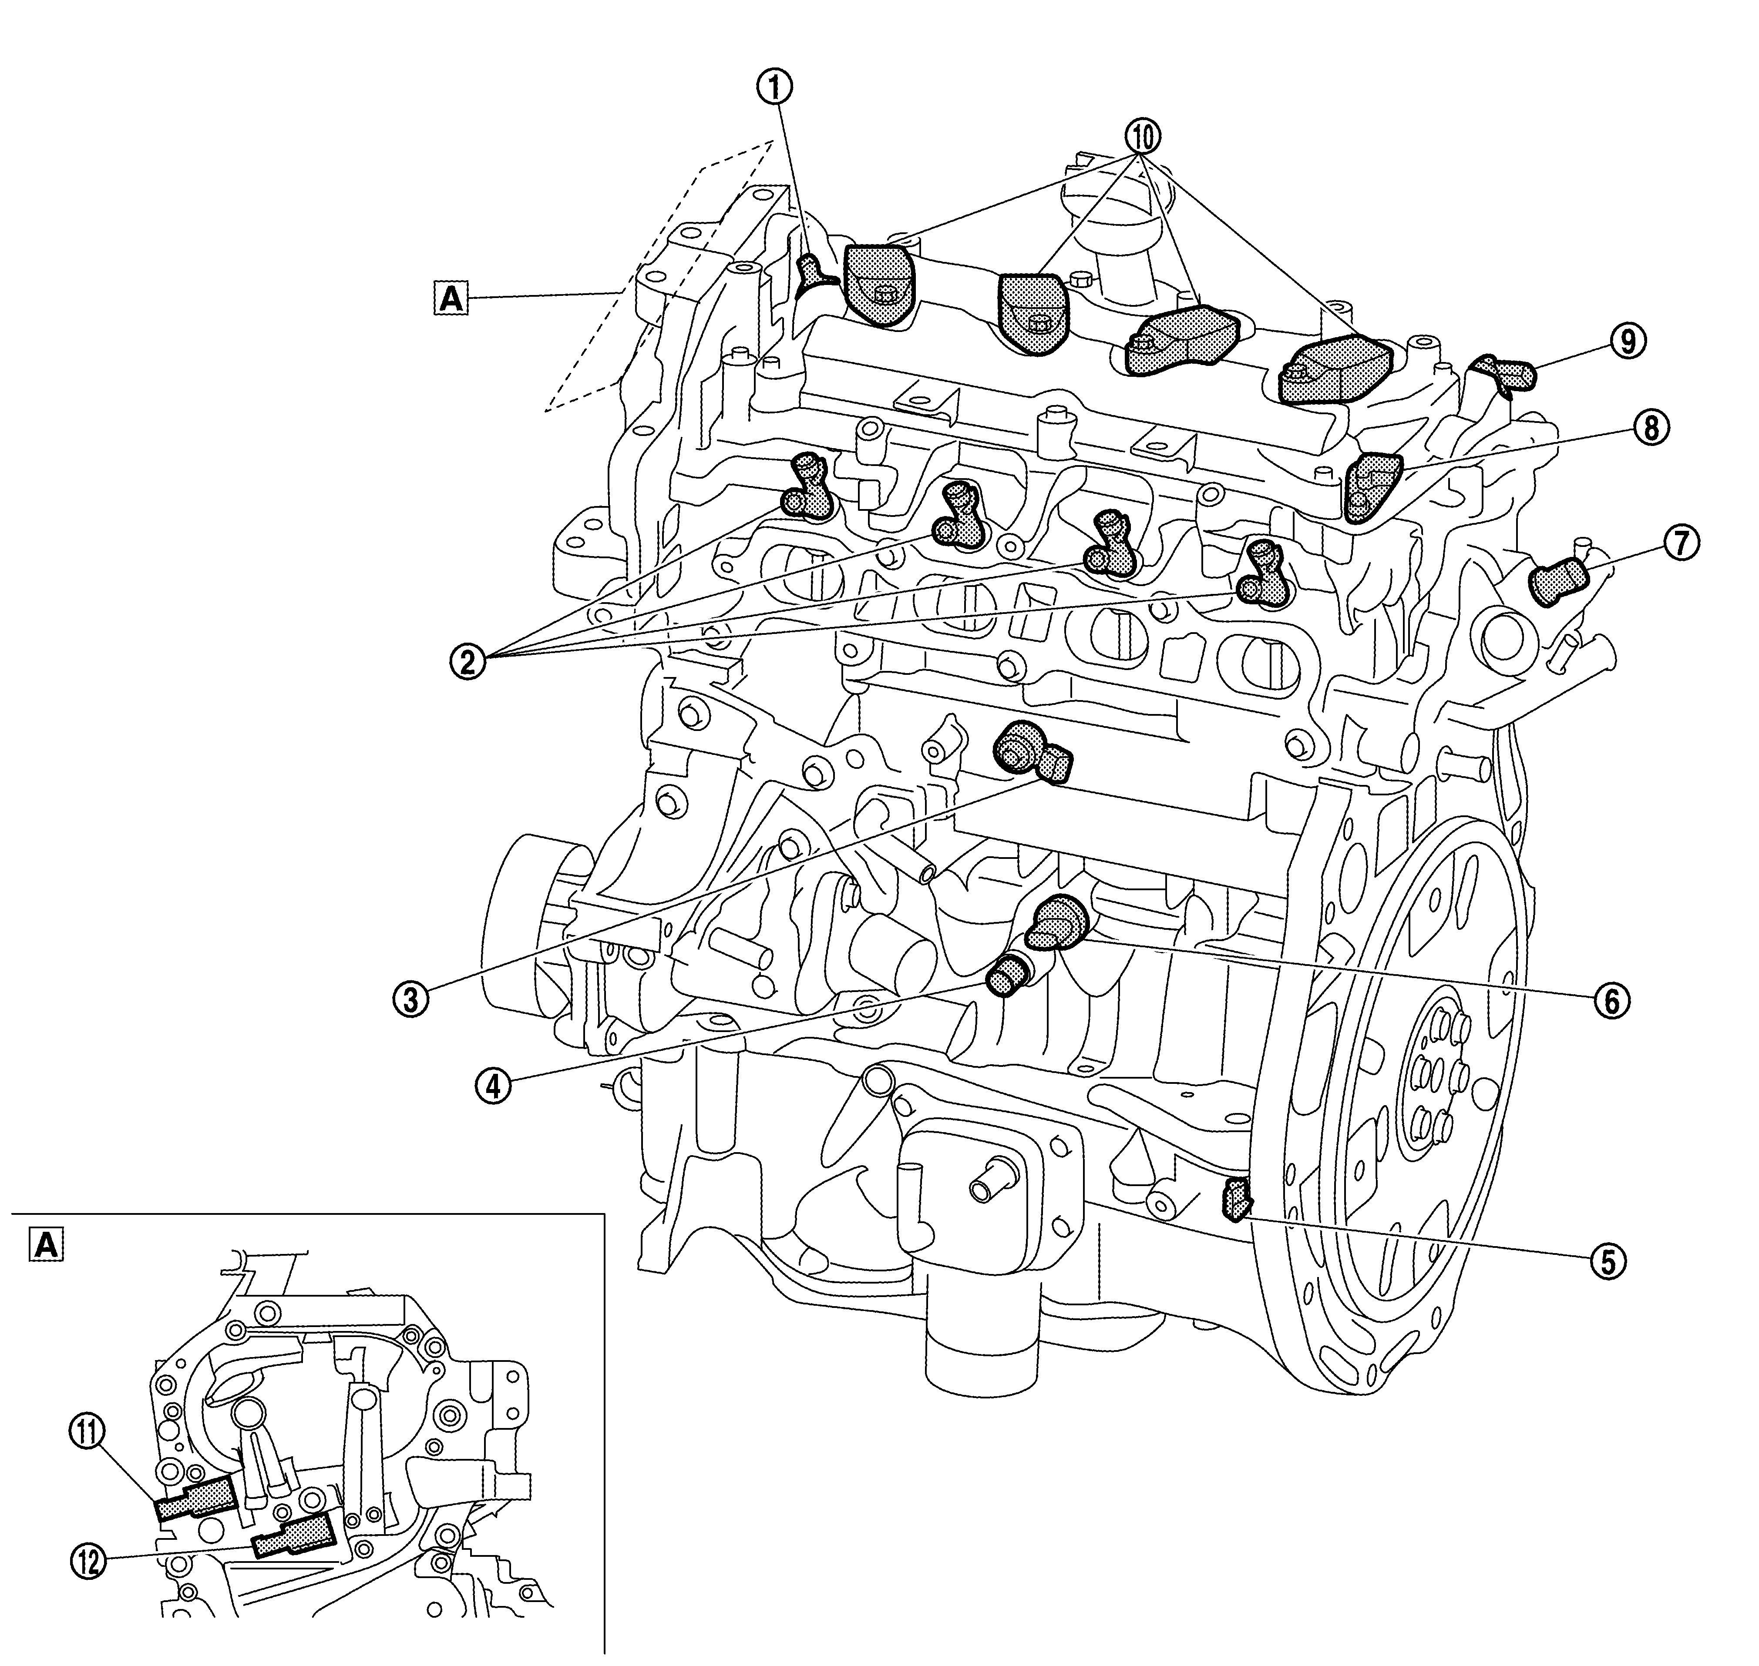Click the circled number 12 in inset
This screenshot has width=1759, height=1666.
click(x=88, y=1561)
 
